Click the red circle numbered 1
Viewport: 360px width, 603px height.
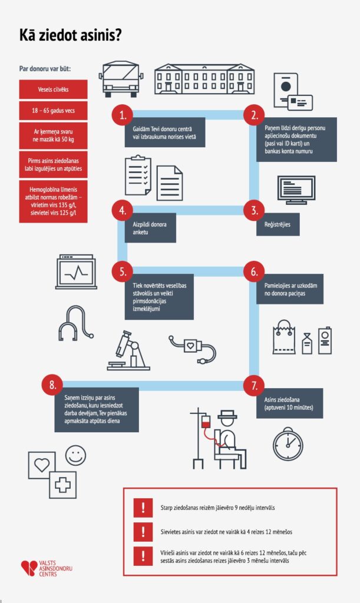tap(122, 115)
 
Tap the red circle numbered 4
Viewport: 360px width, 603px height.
tap(122, 210)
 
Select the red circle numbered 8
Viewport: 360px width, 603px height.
tap(52, 386)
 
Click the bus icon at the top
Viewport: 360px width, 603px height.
tap(121, 79)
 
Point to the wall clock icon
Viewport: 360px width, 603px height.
tap(288, 443)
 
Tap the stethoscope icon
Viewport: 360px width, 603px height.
tap(74, 322)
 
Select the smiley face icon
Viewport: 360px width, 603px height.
tap(75, 455)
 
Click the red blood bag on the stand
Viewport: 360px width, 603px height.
tap(206, 423)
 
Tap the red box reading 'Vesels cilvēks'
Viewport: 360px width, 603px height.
tap(53, 89)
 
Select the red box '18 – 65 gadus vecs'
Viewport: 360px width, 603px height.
tap(53, 110)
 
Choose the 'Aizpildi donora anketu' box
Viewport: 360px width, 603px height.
tap(150, 228)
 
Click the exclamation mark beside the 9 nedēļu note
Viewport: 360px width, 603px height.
tap(142, 506)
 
